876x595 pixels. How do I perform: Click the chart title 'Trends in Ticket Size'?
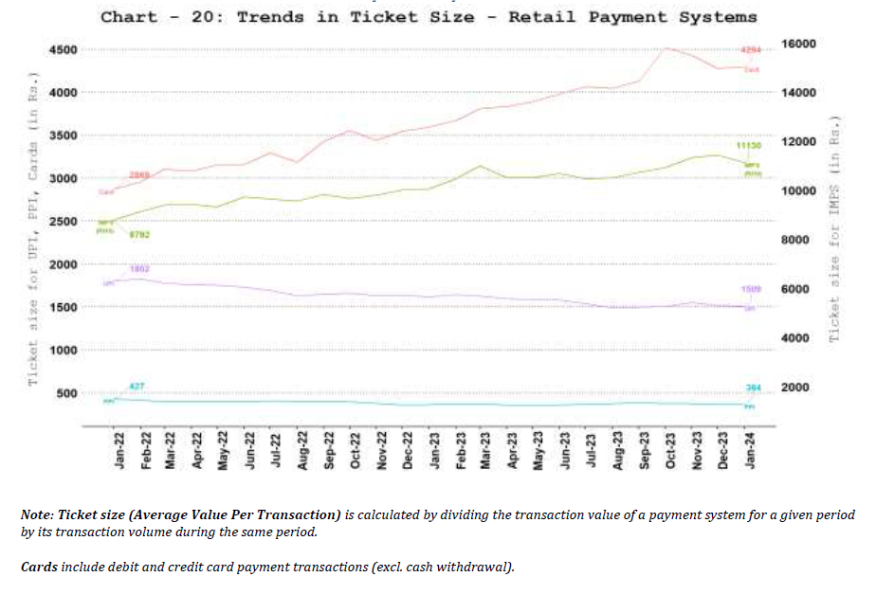pos(429,16)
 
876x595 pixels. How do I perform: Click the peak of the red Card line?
pos(668,47)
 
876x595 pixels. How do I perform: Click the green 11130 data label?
pos(749,146)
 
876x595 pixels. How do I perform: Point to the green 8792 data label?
pos(138,234)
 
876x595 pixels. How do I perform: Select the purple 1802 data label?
pos(139,269)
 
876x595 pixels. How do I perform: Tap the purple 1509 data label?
pos(751,288)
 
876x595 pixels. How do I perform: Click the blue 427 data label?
pos(137,386)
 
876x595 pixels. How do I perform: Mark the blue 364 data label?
pos(753,388)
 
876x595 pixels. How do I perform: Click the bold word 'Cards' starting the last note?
pos(40,567)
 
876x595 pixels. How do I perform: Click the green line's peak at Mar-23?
pos(483,166)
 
